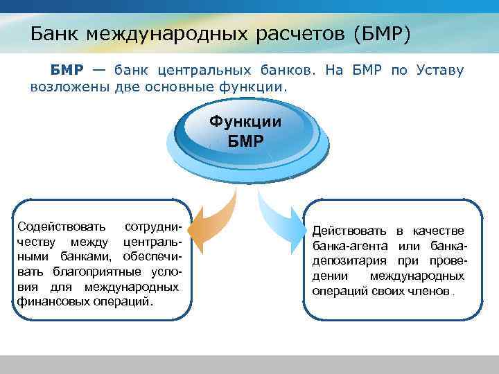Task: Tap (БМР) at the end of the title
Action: (x=383, y=33)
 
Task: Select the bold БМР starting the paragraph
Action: (x=66, y=71)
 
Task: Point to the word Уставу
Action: (x=441, y=71)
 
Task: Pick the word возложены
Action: (x=70, y=87)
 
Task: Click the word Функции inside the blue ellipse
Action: (x=246, y=122)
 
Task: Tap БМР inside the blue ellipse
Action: (x=246, y=142)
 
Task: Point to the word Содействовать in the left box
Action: (x=62, y=227)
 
